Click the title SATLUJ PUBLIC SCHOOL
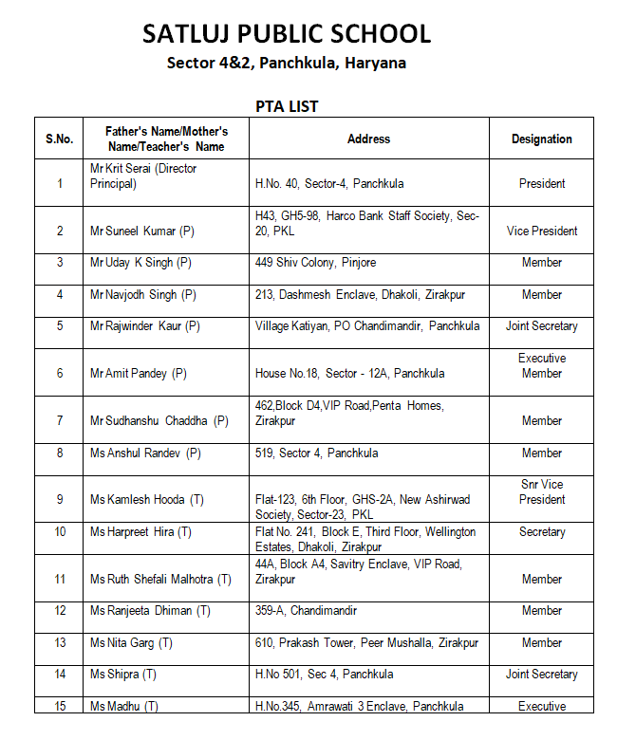coord(287,34)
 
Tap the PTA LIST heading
coord(287,105)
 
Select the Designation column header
coord(541,139)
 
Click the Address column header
coord(368,139)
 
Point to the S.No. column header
coord(59,139)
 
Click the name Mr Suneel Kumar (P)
coord(142,231)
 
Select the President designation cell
coord(541,183)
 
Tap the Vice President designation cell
coord(541,231)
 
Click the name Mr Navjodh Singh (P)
coord(143,295)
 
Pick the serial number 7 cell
coord(59,420)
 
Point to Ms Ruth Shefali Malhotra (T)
coord(160,579)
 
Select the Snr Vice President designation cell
coord(541,491)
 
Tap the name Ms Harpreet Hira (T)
coord(140,532)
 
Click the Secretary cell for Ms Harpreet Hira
coord(541,532)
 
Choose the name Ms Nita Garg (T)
coord(131,643)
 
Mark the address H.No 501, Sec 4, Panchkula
coord(325,675)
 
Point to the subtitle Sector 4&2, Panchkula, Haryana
coord(287,64)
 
